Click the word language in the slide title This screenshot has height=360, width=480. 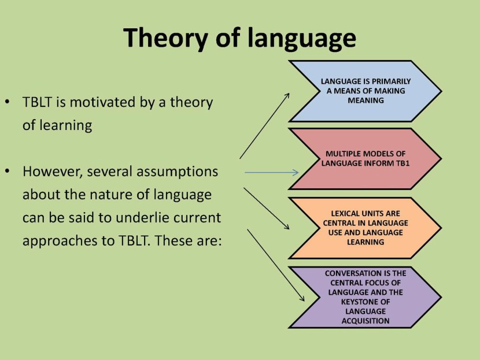[301, 38]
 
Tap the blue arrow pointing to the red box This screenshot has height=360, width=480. [272, 173]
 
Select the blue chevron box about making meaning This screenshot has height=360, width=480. [365, 91]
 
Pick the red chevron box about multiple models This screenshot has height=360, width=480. [365, 159]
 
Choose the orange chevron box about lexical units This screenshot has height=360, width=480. [365, 228]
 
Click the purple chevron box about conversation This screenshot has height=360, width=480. [365, 297]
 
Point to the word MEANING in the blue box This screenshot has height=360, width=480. [365, 101]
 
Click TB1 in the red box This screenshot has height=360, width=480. [403, 163]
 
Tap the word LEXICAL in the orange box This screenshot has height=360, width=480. [345, 213]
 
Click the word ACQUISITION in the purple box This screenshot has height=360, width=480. [365, 321]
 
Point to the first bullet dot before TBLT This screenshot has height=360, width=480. [8, 102]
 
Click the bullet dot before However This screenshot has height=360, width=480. [8, 171]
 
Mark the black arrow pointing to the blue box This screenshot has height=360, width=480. [264, 126]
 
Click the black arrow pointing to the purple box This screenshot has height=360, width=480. [276, 265]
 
